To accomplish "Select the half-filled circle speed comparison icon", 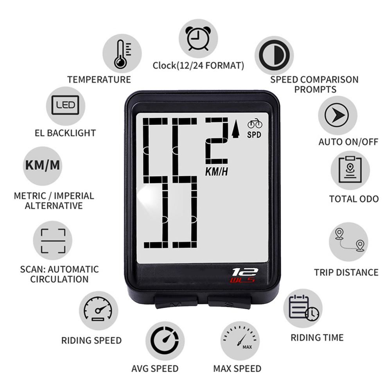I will (274, 56).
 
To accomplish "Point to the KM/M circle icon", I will (43, 165).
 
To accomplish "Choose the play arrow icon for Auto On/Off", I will (337, 115).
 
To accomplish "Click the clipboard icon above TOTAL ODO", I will (350, 170).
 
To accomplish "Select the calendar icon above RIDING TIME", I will (303, 308).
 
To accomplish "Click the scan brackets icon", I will (52, 241).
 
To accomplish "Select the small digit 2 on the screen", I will (217, 140).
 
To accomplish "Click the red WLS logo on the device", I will (242, 280).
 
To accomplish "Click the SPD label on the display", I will (255, 135).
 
